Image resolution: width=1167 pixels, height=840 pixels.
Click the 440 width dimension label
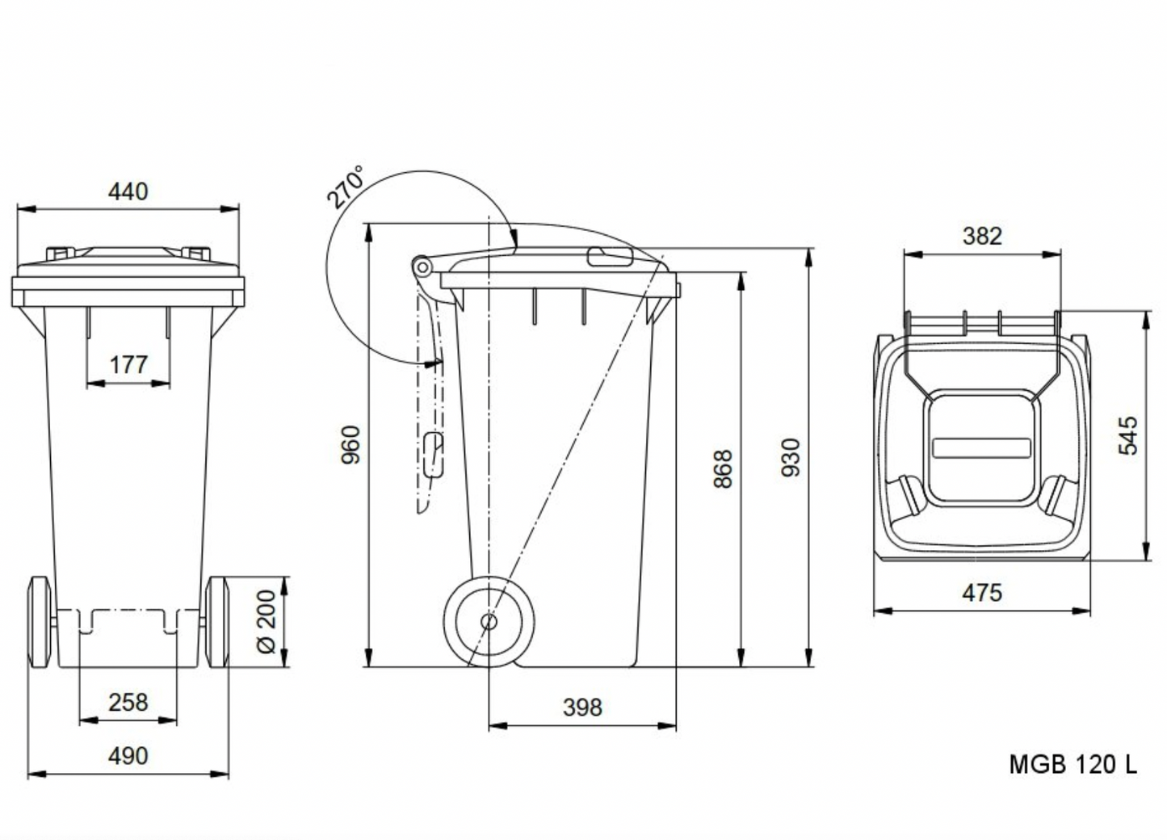pos(128,191)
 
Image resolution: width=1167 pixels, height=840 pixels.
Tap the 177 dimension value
pos(128,365)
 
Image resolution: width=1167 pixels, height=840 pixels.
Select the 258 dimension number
pos(128,702)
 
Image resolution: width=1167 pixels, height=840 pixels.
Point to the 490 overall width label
pos(128,756)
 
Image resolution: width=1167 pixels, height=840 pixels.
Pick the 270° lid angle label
pos(346,187)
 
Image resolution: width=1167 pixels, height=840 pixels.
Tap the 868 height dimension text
pos(723,468)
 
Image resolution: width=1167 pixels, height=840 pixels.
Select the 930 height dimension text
pos(791,457)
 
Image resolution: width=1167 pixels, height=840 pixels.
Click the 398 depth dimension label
pos(582,708)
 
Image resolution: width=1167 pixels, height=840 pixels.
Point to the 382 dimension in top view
pos(982,236)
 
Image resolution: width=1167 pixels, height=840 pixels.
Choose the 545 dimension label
pos(1128,435)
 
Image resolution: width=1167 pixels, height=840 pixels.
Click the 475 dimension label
pos(982,593)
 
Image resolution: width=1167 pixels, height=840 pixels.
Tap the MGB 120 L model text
pos(1073,764)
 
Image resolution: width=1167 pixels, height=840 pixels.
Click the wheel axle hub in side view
pos(489,621)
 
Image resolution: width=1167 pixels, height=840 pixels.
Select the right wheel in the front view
pos(217,621)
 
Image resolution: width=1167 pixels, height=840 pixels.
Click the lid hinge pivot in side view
pos(420,266)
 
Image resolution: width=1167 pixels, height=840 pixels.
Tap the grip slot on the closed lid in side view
pos(611,257)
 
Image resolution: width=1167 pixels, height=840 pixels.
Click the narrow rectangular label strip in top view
pos(981,447)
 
